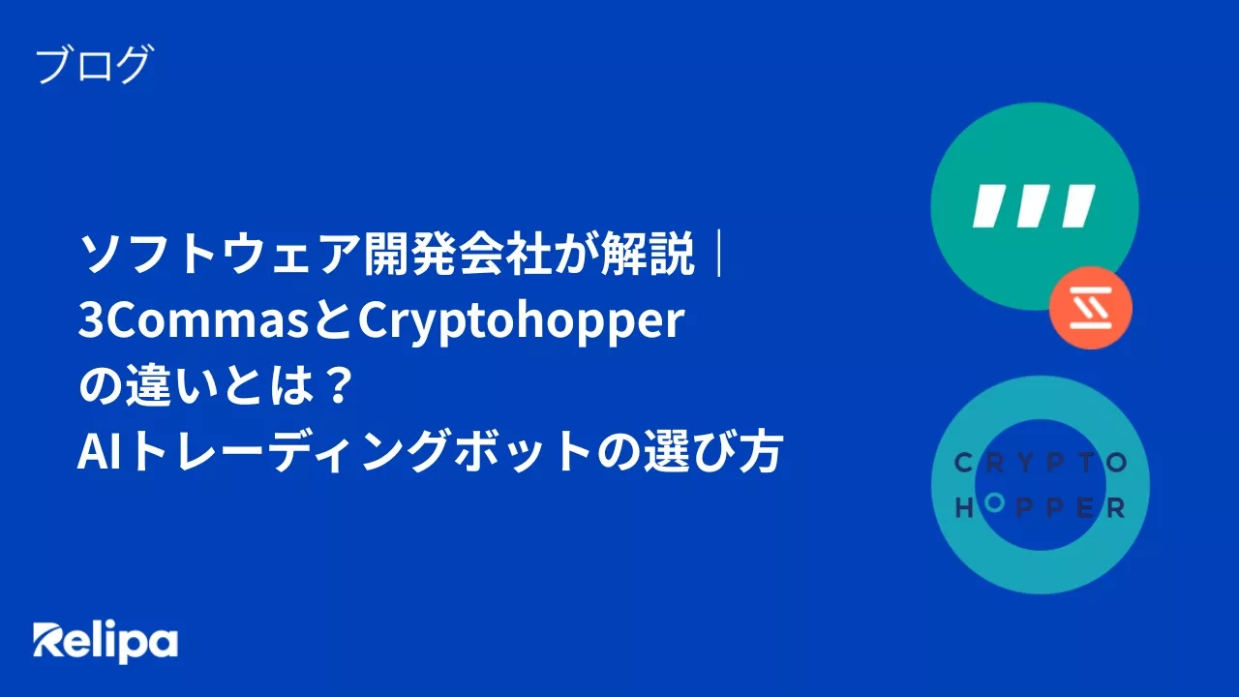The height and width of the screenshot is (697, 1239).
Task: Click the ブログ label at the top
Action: click(94, 66)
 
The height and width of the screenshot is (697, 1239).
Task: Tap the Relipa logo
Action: click(106, 642)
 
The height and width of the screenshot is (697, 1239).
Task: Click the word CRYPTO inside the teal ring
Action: click(1041, 464)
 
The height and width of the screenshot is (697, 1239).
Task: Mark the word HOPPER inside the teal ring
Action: click(1041, 507)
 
